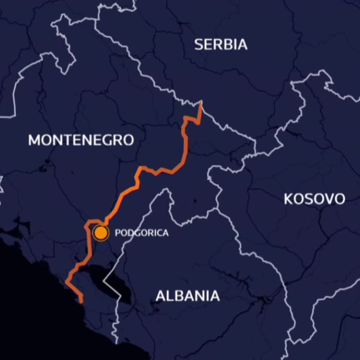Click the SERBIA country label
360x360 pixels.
click(x=221, y=45)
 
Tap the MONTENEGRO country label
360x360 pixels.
click(x=81, y=140)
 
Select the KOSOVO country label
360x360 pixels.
click(x=314, y=199)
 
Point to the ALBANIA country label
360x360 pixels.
click(x=188, y=296)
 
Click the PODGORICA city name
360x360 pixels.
click(x=141, y=233)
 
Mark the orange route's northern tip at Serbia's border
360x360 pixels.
click(x=200, y=103)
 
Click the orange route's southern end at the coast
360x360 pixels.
click(x=81, y=301)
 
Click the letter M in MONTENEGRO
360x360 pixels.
click(x=34, y=140)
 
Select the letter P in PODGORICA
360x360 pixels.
click(x=117, y=233)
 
